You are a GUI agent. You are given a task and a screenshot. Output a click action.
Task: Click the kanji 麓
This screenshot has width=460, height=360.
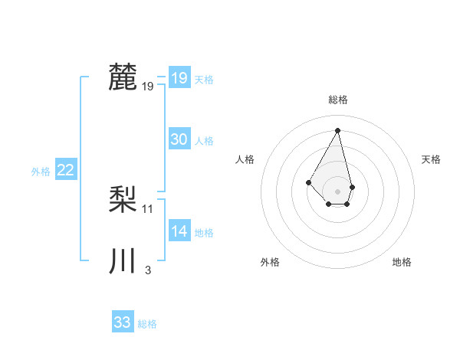tap(123, 77)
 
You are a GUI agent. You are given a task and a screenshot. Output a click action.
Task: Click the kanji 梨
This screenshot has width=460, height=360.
tap(123, 200)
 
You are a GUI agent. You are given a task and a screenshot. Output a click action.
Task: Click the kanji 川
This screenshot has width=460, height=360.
tap(123, 261)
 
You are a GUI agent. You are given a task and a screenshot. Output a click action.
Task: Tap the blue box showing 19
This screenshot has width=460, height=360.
tap(179, 78)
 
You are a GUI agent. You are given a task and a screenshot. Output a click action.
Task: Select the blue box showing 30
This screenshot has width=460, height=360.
tap(179, 139)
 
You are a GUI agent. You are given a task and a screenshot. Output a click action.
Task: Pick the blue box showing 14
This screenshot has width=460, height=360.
tap(179, 231)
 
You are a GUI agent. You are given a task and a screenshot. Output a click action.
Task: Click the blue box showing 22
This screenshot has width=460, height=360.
tap(65, 170)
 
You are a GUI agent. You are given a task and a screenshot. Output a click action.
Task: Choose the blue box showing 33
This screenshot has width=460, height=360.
tap(122, 322)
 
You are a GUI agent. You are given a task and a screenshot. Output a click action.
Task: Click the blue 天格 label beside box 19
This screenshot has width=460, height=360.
tap(204, 80)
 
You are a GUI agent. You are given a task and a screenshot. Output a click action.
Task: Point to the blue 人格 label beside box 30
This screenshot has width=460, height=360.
tap(204, 141)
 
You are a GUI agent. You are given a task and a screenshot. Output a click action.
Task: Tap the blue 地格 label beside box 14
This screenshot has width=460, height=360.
tap(204, 233)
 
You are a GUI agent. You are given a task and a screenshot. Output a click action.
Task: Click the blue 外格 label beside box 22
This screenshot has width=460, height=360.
tap(41, 172)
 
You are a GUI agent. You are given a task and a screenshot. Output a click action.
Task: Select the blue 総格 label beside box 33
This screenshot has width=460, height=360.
tap(147, 324)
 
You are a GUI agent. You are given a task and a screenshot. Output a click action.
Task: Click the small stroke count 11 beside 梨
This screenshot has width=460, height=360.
tap(148, 208)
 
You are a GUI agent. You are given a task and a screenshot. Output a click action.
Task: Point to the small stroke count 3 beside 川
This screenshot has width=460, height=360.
tap(147, 270)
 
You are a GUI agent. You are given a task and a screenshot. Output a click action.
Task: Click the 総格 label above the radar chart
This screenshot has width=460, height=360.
tap(338, 100)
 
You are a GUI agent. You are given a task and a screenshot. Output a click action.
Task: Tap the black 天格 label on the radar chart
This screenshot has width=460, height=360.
tap(432, 159)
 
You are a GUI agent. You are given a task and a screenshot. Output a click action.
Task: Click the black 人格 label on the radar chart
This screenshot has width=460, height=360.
tap(245, 159)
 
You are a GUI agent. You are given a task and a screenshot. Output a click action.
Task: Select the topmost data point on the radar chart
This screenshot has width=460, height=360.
tap(338, 129)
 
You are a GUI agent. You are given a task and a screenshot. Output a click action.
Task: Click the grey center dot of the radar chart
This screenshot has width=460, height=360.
tap(338, 191)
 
